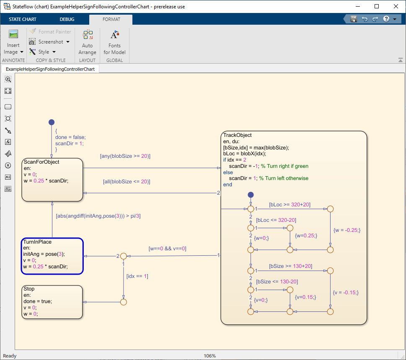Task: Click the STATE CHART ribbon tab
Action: pos(23,19)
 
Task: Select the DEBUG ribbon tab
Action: pos(67,19)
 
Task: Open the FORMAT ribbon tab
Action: pos(111,19)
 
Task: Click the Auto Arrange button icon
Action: pos(88,35)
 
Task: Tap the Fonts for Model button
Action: pos(114,42)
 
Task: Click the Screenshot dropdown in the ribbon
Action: pos(49,42)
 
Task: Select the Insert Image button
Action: pos(13,42)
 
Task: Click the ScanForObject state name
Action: pos(41,162)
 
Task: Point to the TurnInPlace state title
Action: pos(37,242)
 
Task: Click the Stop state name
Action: pos(29,289)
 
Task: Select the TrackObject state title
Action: pos(238,135)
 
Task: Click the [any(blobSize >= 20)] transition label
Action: pos(125,156)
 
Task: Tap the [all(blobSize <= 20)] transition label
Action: pos(127,182)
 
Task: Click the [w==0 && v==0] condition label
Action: pos(168,248)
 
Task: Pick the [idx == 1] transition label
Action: pos(137,276)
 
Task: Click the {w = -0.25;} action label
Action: pos(347,230)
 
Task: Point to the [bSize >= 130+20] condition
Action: pos(290,266)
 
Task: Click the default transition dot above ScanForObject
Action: pos(52,122)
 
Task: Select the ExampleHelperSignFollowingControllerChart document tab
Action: pos(50,69)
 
